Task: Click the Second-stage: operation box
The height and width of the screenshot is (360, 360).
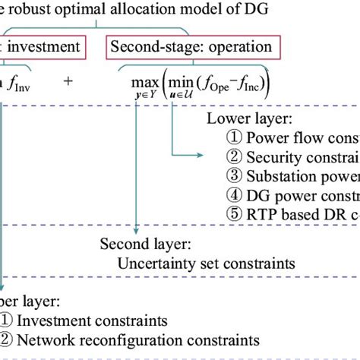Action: (x=191, y=46)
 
